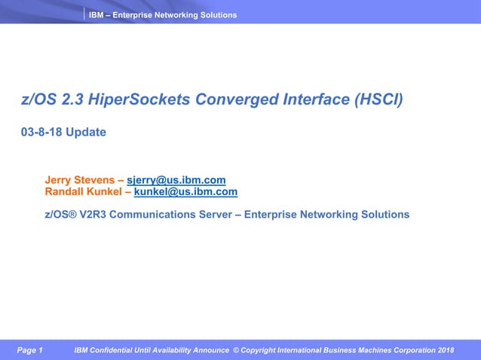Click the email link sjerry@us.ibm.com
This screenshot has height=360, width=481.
coord(176,180)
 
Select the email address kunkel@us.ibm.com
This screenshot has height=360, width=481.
coord(185,192)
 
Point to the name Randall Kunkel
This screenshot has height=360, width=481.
coord(84,192)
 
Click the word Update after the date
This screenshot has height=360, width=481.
coord(86,133)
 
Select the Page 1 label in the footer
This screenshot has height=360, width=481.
coord(30,350)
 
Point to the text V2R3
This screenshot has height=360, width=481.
coord(93,215)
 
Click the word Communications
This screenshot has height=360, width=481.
coord(160,215)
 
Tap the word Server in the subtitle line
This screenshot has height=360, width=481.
coord(225,215)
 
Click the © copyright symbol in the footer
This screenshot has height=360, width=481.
coord(236,350)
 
